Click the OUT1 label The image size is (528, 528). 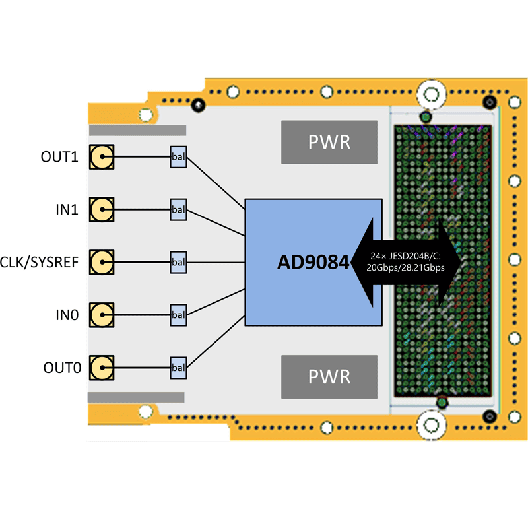tap(59, 157)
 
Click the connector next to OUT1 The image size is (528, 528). tap(102, 157)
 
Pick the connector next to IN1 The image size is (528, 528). tap(102, 210)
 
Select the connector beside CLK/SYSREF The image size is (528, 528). tap(102, 263)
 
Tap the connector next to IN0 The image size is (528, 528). tap(102, 315)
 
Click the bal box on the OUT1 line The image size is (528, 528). tap(178, 157)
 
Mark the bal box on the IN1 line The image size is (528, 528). tap(178, 210)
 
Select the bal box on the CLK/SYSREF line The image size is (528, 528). tap(178, 263)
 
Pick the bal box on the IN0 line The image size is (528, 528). tap(178, 315)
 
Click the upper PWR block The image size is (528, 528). tap(329, 142)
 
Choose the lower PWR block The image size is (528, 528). tap(329, 377)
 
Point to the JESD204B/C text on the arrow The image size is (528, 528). tap(405, 256)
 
